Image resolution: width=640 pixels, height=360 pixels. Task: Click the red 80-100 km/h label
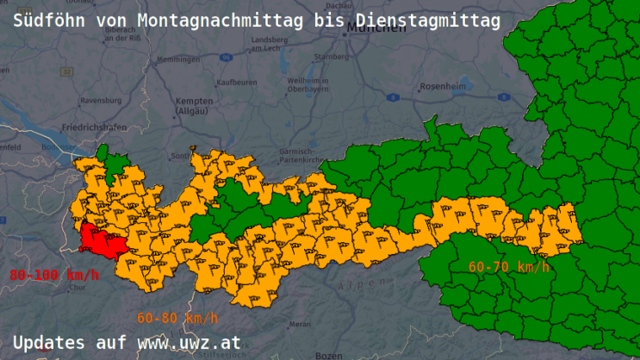(x=54, y=275)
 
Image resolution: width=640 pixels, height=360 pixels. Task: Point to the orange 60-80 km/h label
(x=177, y=317)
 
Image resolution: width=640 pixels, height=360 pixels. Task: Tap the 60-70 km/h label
(x=509, y=266)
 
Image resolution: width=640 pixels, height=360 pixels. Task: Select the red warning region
(x=103, y=241)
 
